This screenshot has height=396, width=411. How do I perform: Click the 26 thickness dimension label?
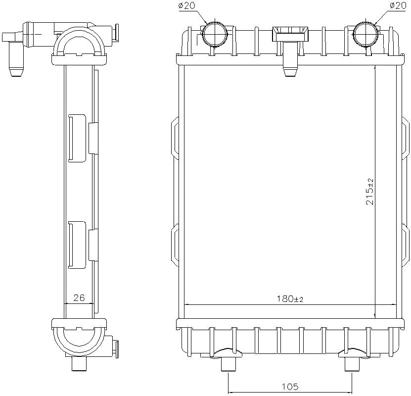[79, 298]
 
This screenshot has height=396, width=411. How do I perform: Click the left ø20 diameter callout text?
[187, 6]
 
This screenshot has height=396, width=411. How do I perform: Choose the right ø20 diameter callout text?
[398, 6]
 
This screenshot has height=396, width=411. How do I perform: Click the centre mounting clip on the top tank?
[290, 49]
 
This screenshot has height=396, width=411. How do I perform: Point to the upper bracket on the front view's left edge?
[175, 138]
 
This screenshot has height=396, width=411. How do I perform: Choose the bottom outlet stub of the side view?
[79, 364]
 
